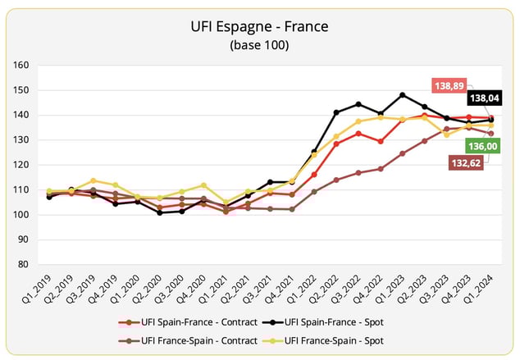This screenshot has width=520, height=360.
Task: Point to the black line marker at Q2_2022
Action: [x=336, y=112]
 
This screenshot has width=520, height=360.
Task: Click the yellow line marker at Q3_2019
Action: [x=93, y=180]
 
